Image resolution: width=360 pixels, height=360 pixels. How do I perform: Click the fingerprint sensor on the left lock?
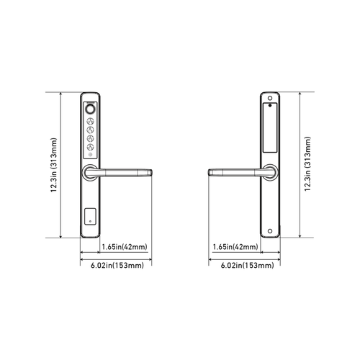click(91, 110)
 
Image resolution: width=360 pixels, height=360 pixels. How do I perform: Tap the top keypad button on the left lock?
click(91, 122)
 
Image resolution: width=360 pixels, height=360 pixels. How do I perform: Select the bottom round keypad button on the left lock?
click(91, 148)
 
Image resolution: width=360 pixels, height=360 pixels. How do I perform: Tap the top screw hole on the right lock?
click(269, 98)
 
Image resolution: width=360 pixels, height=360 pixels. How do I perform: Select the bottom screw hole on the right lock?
click(269, 230)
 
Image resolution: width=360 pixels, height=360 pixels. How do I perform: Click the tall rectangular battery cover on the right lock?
click(269, 130)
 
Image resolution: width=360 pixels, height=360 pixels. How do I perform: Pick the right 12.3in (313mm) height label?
click(307, 164)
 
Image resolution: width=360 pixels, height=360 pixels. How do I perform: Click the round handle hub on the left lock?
click(90, 171)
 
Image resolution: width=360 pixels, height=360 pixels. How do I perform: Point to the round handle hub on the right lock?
click(269, 171)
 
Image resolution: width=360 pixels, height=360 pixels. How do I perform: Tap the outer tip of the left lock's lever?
click(153, 171)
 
